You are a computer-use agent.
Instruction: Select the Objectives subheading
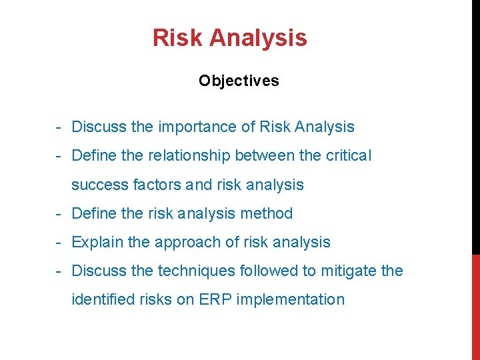[x=239, y=81]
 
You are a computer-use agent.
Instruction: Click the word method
[x=267, y=214]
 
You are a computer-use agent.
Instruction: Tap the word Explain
[x=97, y=243]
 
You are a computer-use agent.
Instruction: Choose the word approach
[x=183, y=243]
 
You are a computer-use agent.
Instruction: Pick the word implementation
[x=289, y=300]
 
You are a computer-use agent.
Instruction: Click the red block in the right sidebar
[x=475, y=307]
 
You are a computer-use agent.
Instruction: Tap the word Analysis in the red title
[x=258, y=38]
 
